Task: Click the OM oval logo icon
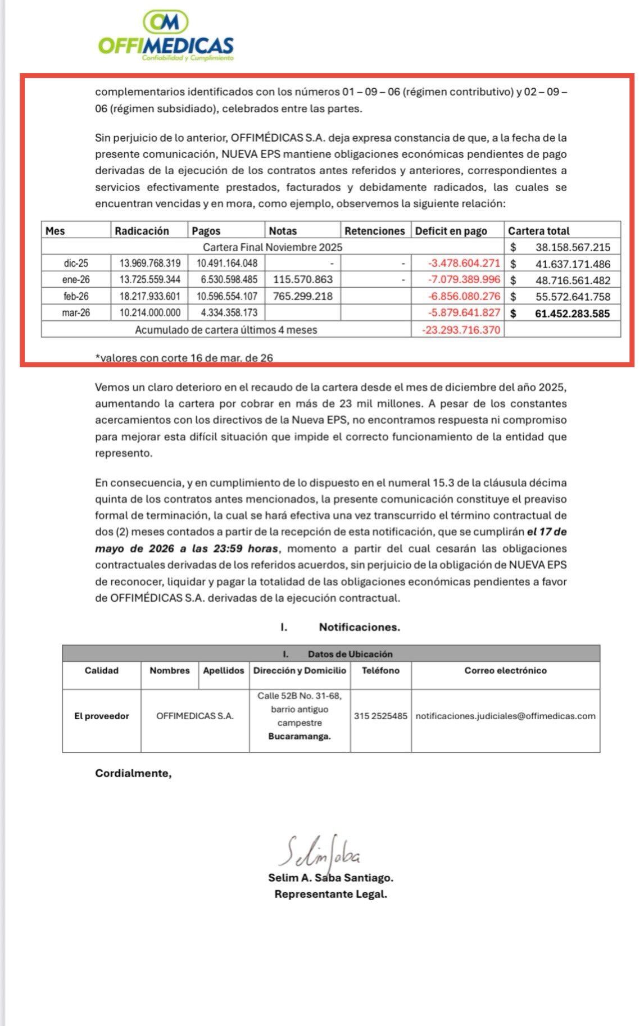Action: [166, 22]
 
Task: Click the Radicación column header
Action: [142, 230]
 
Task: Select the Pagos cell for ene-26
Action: [227, 279]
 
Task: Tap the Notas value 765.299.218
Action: [302, 296]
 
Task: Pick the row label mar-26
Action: [76, 313]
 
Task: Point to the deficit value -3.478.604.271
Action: [464, 263]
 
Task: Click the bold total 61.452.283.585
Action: [572, 314]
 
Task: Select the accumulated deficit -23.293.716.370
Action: [461, 330]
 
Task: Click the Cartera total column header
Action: [538, 230]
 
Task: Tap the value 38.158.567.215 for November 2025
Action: [573, 247]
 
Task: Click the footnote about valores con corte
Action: [184, 357]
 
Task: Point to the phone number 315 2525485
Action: [380, 716]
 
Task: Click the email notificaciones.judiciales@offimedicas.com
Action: [505, 716]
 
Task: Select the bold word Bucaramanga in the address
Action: [300, 736]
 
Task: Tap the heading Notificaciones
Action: [360, 627]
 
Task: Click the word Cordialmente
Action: [133, 773]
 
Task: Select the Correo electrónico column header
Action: [505, 670]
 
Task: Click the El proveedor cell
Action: [102, 716]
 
